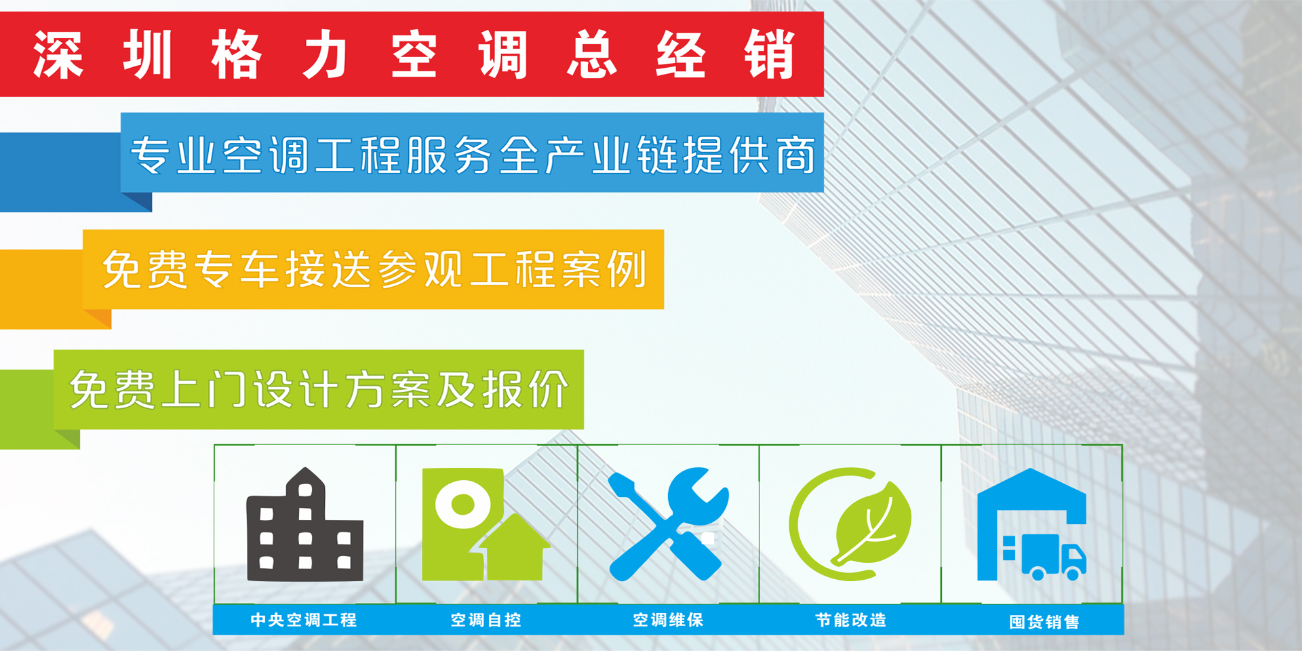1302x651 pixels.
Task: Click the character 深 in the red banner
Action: coord(58,55)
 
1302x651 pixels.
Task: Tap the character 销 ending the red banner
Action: coord(769,55)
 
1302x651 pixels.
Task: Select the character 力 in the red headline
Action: coord(325,55)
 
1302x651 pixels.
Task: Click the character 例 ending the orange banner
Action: coord(628,269)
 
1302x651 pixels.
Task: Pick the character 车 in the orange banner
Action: coord(260,269)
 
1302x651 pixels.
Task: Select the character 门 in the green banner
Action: coord(227,389)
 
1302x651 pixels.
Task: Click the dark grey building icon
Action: coord(304,525)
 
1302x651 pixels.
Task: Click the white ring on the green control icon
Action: coord(462,505)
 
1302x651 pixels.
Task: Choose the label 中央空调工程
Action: coord(303,620)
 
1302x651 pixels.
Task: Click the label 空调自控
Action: coord(486,620)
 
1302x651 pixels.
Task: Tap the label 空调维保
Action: coord(668,620)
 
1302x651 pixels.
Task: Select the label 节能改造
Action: coord(850,620)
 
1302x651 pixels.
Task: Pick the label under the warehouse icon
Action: coord(1044,622)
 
